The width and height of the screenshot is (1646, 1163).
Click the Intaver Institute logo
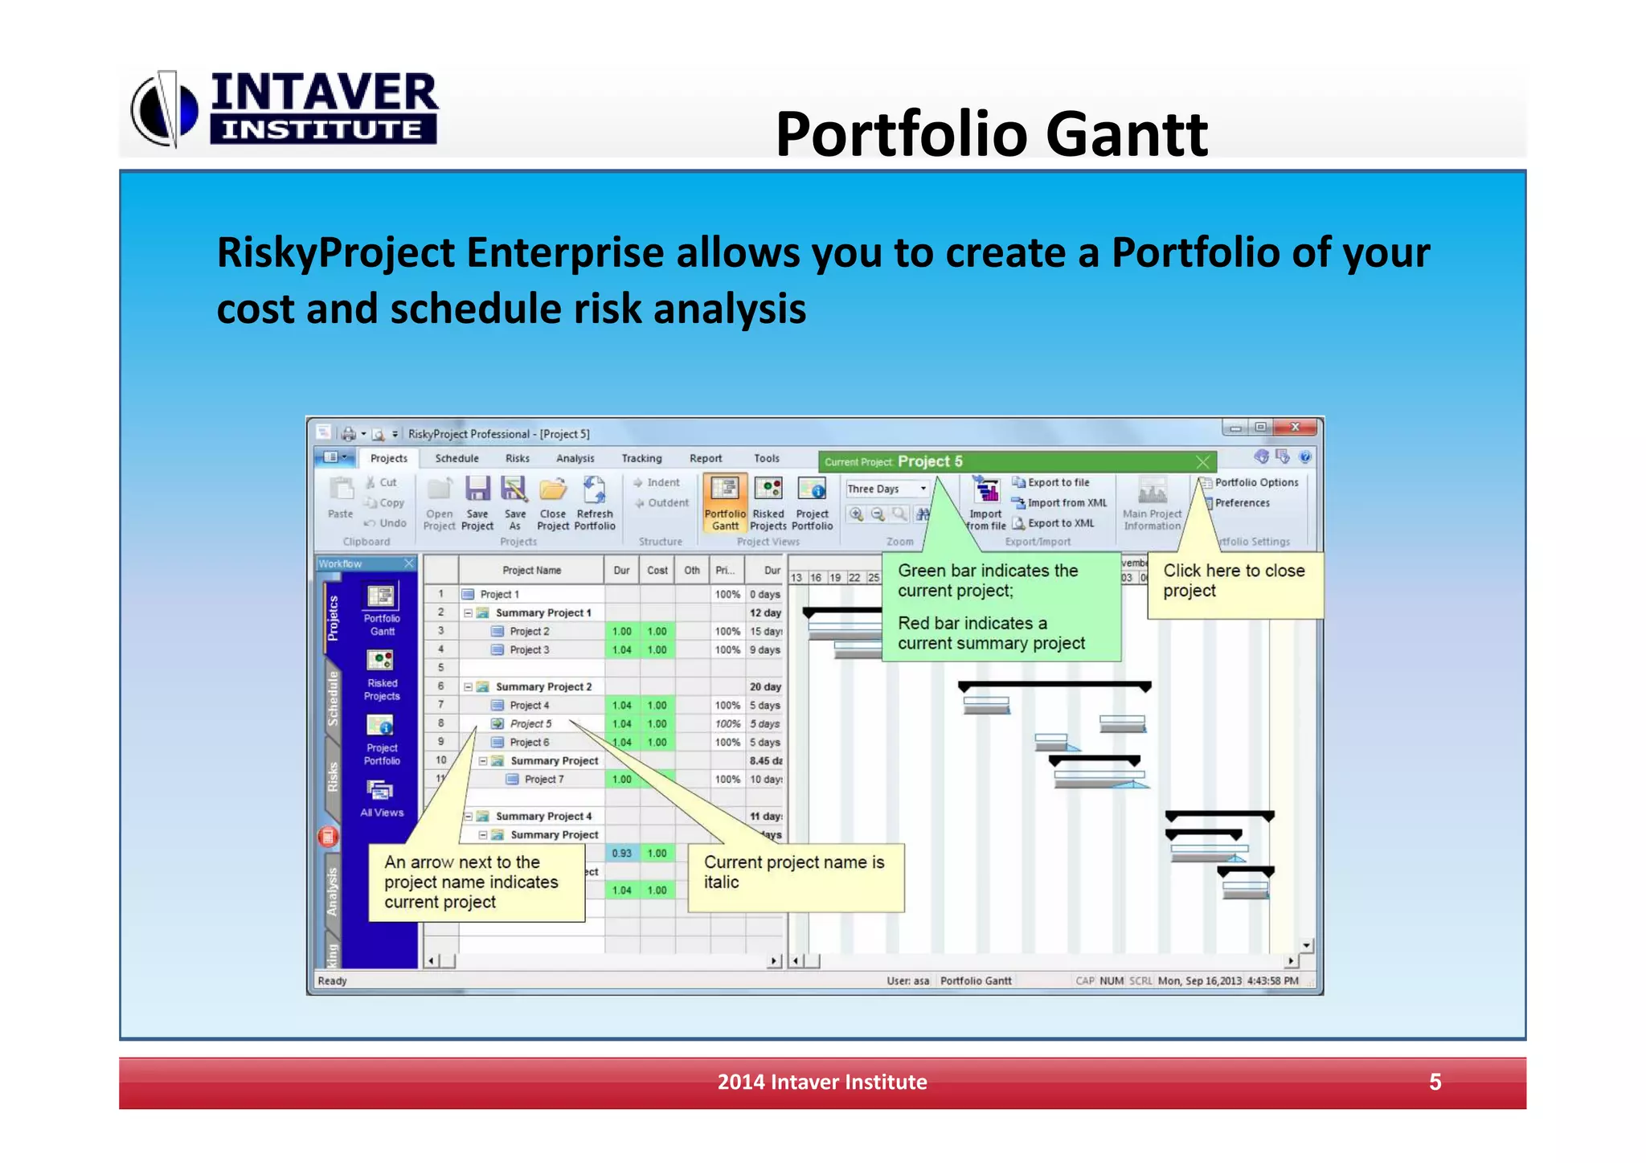[x=285, y=109]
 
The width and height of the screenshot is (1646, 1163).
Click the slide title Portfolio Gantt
[x=991, y=133]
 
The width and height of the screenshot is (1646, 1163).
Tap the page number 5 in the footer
[x=1435, y=1081]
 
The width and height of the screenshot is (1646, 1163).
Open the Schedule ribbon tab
[x=457, y=458]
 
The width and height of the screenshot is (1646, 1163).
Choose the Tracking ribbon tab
[x=641, y=458]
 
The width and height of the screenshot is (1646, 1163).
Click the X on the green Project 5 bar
[x=1202, y=461]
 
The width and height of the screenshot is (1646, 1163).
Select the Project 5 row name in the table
[x=530, y=723]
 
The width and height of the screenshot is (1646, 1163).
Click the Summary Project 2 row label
[x=543, y=686]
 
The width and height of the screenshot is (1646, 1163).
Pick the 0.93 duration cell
[x=621, y=853]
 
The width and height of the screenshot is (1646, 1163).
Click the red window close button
[x=1294, y=427]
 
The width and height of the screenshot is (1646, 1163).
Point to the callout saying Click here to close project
[x=1234, y=581]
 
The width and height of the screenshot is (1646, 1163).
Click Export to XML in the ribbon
[x=1060, y=522]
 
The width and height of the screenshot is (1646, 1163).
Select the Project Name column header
[x=531, y=570]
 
